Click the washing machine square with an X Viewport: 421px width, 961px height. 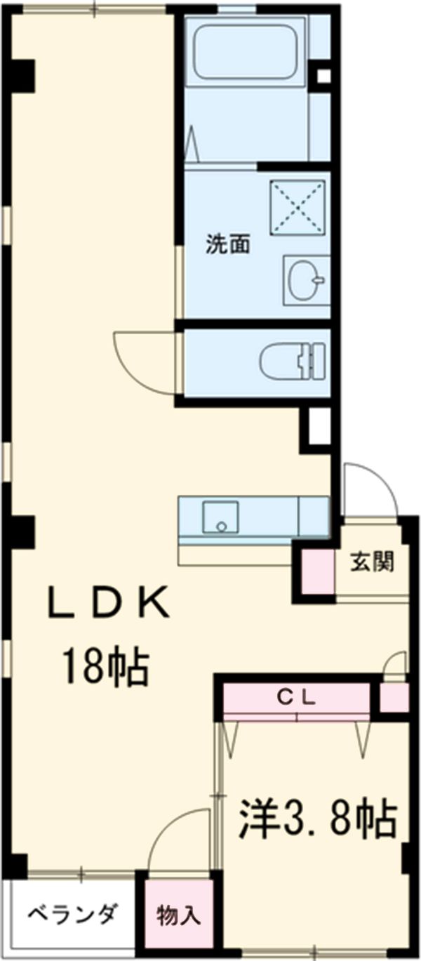coord(298,208)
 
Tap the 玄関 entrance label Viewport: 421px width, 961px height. coord(372,562)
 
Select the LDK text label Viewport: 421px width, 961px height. coord(108,603)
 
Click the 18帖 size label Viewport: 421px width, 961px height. coord(105,667)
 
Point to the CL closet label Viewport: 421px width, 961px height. coord(296,697)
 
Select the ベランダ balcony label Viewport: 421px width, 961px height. coord(72,915)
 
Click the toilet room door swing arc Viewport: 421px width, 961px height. coord(144,362)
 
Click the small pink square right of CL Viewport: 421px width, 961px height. coord(394,697)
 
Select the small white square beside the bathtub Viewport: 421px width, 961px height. coord(323,77)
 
